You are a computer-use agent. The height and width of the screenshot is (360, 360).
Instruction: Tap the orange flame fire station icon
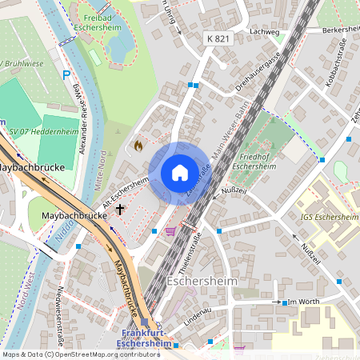[x=138, y=146]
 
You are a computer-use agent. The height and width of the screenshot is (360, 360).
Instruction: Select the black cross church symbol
[x=121, y=210]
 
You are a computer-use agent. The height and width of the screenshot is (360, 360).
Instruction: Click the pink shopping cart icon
[x=170, y=231]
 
